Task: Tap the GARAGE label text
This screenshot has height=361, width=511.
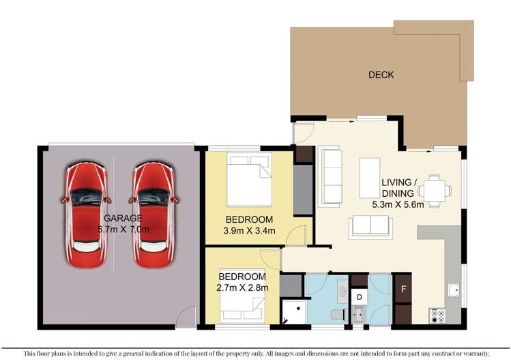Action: point(123,218)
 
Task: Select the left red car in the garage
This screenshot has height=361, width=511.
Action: point(87,215)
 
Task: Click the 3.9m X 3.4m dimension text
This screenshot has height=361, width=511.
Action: point(250,231)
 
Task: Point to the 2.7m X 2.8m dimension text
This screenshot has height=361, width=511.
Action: point(243,287)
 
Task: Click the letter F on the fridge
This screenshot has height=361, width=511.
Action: point(403,289)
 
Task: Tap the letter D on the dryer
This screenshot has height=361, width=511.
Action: point(359,297)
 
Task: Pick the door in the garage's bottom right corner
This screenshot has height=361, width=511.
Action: point(184,315)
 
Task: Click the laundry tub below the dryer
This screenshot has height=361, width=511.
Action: point(359,314)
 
